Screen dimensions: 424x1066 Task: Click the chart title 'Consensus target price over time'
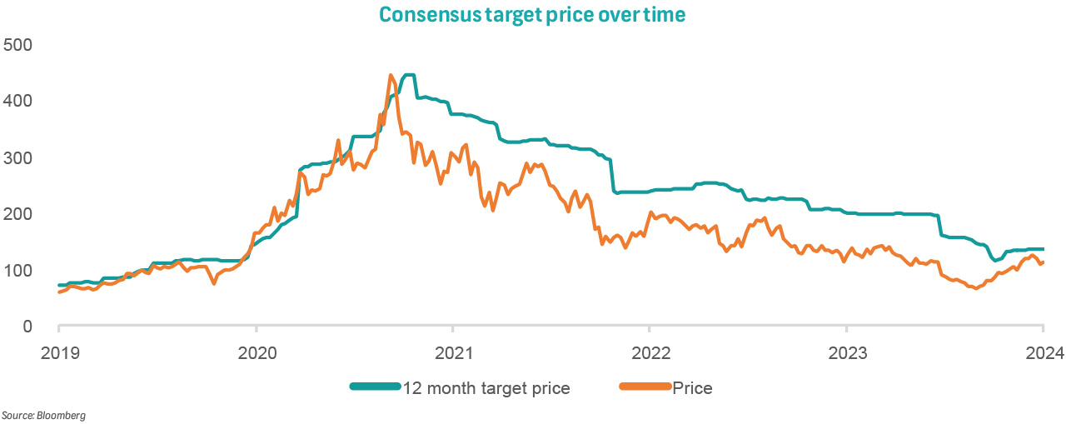[x=533, y=15]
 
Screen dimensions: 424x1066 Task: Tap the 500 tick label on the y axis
[x=17, y=44]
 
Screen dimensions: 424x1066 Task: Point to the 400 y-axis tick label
[x=17, y=101]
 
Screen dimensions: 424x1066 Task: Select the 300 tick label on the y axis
[x=17, y=157]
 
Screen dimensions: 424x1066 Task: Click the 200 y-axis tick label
[x=17, y=214]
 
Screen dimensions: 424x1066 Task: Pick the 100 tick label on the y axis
[x=17, y=271]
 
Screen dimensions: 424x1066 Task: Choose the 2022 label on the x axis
[x=649, y=352]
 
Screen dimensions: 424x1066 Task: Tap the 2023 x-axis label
[x=845, y=352]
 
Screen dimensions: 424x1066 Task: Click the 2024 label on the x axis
[x=1042, y=352]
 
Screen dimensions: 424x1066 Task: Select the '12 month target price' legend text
[x=486, y=388]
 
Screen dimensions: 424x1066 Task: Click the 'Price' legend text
[x=692, y=388]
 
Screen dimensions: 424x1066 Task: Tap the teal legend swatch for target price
[x=376, y=387]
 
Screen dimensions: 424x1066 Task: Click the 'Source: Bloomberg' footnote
[x=43, y=415]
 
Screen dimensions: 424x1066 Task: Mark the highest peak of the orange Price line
[x=391, y=75]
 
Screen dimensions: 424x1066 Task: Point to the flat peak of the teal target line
[x=409, y=75]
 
